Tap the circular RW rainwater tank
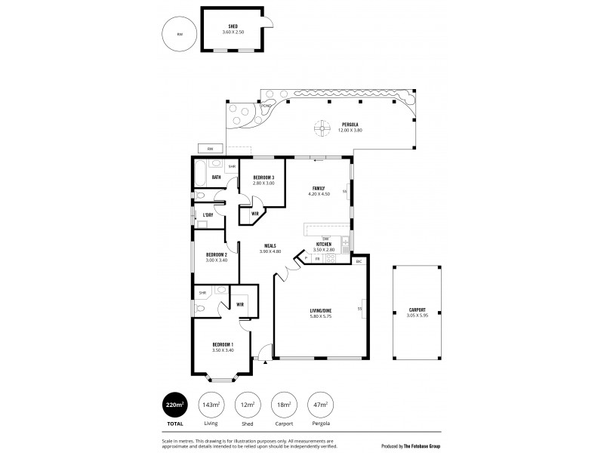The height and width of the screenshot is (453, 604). coord(179,34)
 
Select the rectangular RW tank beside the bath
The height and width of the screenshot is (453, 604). coord(211,148)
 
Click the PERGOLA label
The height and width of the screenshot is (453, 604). coord(349,125)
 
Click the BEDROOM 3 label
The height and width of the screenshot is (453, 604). coord(263,179)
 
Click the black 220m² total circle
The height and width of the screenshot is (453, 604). coord(175,406)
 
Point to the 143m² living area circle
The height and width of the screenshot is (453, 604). coord(211,406)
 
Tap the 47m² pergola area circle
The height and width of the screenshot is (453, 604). coord(322,406)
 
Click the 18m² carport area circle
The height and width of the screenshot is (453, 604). coord(285,406)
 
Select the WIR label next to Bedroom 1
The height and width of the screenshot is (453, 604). coord(240,304)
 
